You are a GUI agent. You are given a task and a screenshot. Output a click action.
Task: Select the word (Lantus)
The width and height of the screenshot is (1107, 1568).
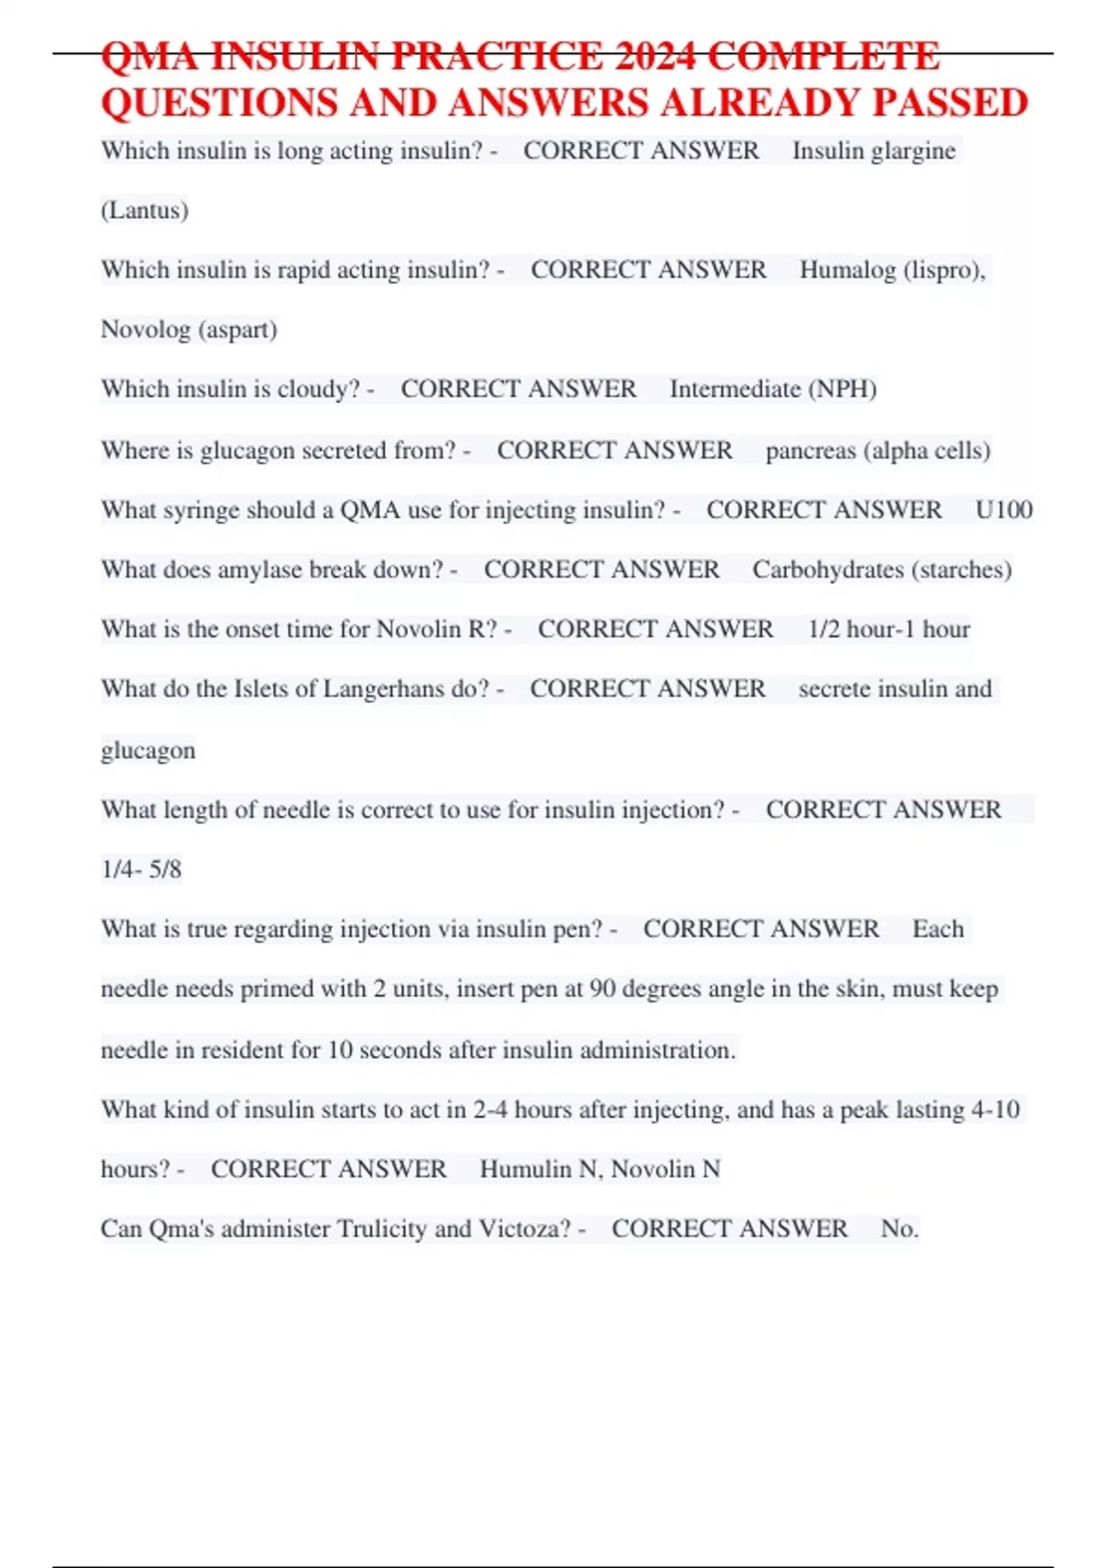coord(144,210)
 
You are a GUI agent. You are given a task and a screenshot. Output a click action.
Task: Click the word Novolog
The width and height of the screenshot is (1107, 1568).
coord(145,329)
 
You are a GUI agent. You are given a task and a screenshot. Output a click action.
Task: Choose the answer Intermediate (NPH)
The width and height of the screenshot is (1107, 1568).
coord(773,388)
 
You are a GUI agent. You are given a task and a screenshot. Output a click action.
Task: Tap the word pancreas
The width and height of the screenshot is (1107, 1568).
coord(810,450)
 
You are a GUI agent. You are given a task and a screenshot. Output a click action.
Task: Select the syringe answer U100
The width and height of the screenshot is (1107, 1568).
coord(1003,509)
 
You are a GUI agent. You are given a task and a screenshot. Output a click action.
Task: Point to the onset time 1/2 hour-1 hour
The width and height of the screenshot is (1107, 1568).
coord(888,629)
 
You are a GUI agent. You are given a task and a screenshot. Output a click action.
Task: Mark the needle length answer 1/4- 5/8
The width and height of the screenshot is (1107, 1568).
coord(141,869)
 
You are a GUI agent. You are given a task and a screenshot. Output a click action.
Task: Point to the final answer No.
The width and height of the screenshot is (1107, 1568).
coord(899,1229)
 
